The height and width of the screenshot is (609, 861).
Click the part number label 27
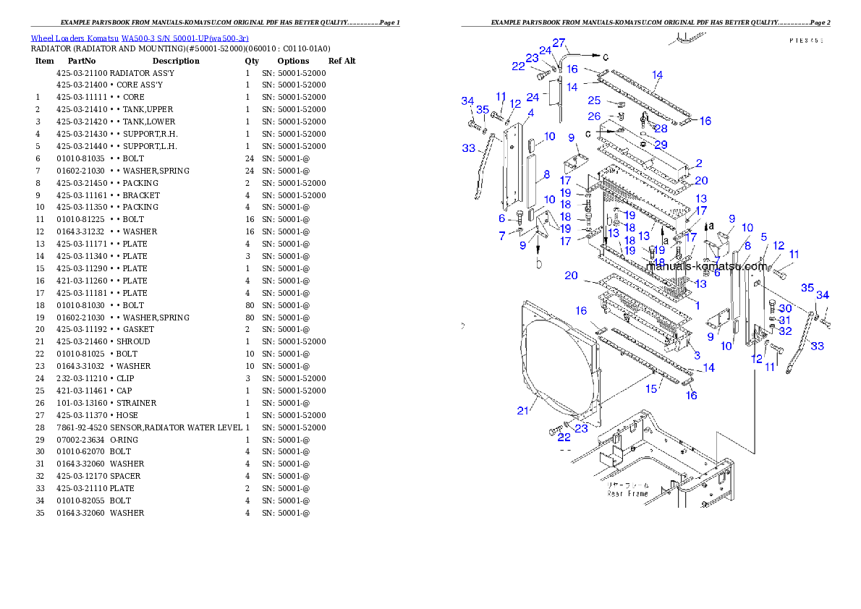[559, 43]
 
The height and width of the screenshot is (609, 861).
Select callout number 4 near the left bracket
[531, 113]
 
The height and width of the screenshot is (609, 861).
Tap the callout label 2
[699, 163]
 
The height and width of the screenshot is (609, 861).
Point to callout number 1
[697, 306]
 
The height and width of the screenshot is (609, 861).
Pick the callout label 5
[763, 237]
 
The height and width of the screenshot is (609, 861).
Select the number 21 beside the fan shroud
[523, 411]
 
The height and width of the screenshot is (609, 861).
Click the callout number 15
[651, 389]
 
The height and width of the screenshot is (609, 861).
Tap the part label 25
[594, 101]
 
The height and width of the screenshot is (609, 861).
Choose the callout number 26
[594, 116]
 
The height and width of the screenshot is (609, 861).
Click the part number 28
[661, 129]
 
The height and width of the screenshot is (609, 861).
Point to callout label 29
[661, 145]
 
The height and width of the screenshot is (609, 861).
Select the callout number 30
[785, 309]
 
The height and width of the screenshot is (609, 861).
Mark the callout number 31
[785, 320]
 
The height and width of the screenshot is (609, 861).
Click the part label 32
[785, 331]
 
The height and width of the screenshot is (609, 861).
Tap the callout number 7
[502, 236]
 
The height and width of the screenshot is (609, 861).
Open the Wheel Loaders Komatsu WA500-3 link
[140, 38]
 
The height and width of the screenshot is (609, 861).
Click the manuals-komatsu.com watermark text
[705, 265]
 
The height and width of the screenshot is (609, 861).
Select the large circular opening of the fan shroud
[557, 369]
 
